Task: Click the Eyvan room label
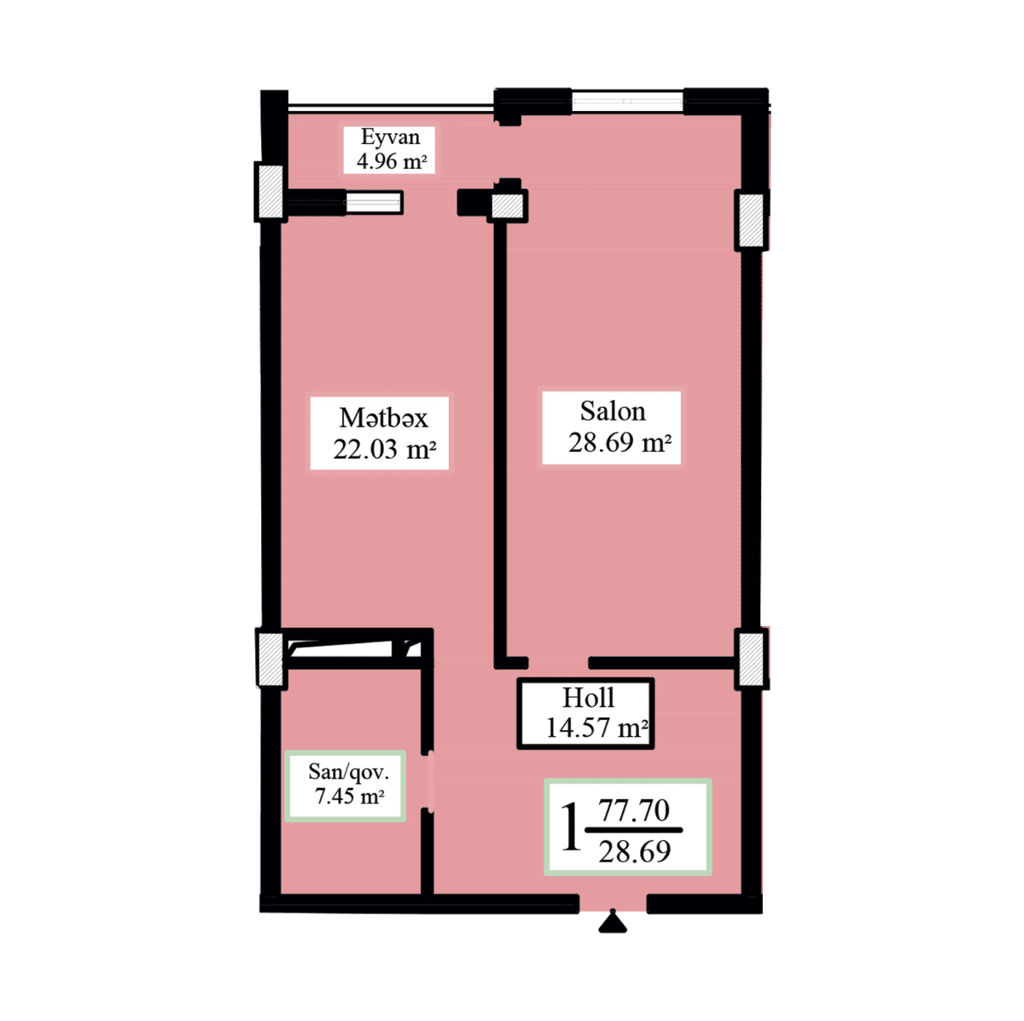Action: tap(390, 137)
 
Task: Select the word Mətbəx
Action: tap(383, 418)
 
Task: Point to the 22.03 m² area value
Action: tap(385, 450)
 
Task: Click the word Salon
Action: tap(613, 411)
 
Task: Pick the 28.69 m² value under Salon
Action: tap(620, 443)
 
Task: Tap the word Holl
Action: tap(588, 698)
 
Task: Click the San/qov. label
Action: tap(348, 772)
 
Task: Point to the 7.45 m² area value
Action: tap(349, 797)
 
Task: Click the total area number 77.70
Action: tap(634, 810)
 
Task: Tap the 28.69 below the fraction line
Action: tap(634, 851)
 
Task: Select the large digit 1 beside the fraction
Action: tap(570, 827)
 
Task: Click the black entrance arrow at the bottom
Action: tap(612, 922)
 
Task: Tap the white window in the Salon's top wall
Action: tap(627, 102)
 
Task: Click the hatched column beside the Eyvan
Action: tap(271, 191)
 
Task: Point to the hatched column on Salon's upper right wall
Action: tap(751, 220)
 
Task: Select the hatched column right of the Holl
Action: tap(751, 658)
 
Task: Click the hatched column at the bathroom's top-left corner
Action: tap(271, 658)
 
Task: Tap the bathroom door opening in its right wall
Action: tap(429, 780)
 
